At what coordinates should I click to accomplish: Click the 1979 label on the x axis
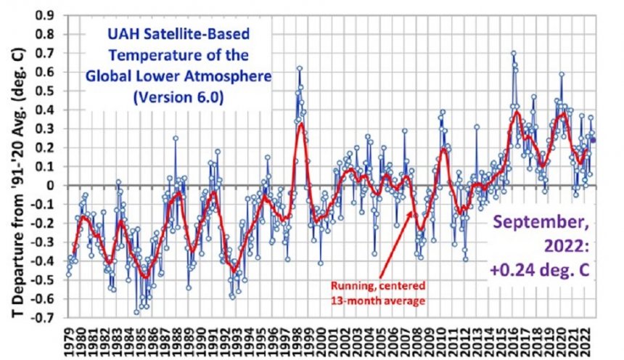[68, 341]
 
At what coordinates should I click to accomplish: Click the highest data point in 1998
[299, 68]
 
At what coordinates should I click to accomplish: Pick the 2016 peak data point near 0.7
[513, 53]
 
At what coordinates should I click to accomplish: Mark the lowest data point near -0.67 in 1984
[136, 312]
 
